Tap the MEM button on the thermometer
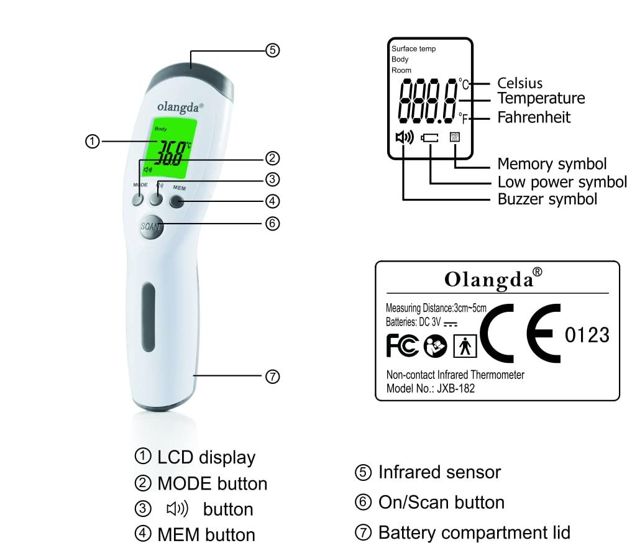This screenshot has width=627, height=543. (177, 201)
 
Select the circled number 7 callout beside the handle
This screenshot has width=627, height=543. (272, 376)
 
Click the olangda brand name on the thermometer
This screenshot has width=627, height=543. (180, 106)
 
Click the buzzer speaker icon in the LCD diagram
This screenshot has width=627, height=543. (404, 137)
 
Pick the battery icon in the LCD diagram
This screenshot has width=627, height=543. (430, 138)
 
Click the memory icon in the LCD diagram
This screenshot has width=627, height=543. (455, 137)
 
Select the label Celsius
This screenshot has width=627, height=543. (519, 83)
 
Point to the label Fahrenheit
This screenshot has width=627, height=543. (533, 117)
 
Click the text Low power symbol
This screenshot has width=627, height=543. (562, 182)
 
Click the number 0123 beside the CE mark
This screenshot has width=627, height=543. (587, 335)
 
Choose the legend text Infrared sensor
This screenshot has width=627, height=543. (439, 472)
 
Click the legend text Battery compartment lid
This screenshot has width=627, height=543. (474, 532)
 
